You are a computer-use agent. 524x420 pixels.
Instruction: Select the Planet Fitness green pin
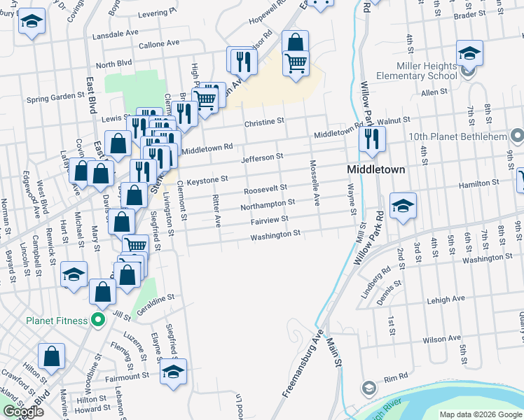point(98,321)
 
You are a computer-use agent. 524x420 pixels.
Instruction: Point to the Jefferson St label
point(261,159)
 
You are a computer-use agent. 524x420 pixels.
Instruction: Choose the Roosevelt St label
point(266,189)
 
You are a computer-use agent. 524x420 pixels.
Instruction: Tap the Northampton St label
point(267,204)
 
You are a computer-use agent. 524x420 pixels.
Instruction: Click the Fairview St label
point(270,220)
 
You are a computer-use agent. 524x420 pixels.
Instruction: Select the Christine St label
point(264,122)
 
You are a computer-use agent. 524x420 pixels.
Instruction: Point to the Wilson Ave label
point(441,339)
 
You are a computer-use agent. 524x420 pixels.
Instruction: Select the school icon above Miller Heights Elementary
point(469,52)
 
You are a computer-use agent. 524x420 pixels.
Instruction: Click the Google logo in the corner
point(23,412)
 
